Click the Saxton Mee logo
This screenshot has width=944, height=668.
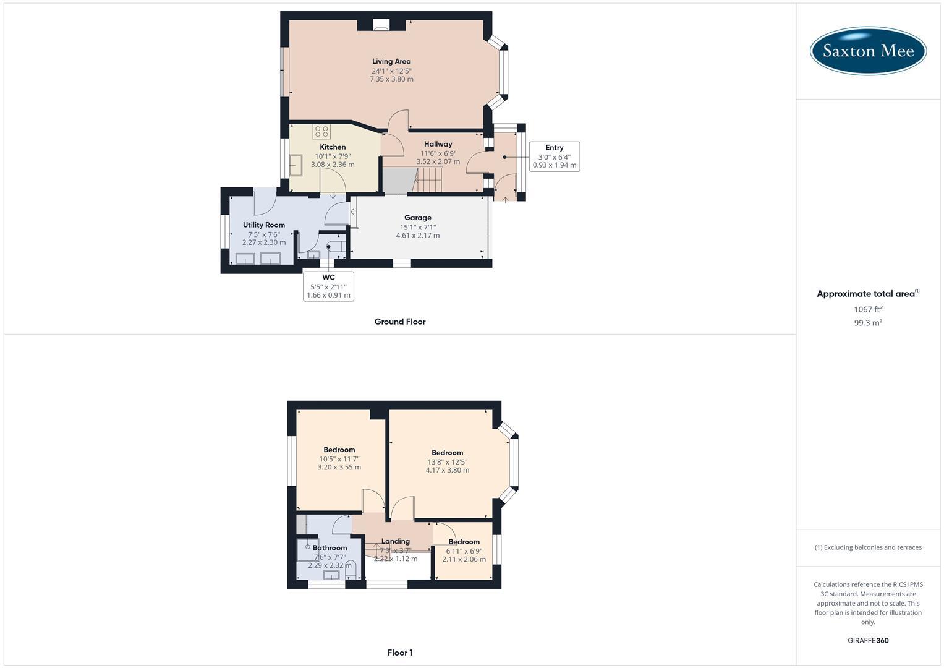(867, 51)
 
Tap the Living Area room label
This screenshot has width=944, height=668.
(391, 61)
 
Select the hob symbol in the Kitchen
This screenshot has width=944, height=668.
(321, 131)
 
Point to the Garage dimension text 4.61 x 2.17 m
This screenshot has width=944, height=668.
(418, 236)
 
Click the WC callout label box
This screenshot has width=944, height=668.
(328, 286)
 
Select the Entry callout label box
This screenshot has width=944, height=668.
(554, 156)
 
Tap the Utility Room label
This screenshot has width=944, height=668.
(264, 225)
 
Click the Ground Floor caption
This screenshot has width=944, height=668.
(400, 322)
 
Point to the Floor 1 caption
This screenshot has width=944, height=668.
(400, 653)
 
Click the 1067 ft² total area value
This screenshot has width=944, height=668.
(868, 309)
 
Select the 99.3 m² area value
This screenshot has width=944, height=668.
(868, 323)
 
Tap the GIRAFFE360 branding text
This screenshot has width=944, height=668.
(868, 641)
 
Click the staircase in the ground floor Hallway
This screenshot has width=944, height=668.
(428, 179)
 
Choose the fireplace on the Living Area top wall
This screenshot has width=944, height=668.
(381, 25)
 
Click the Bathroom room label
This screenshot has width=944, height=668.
(330, 548)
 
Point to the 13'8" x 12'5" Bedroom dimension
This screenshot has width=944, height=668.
(448, 462)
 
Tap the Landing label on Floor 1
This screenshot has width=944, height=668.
(395, 541)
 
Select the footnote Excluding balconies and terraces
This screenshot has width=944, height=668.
(868, 547)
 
